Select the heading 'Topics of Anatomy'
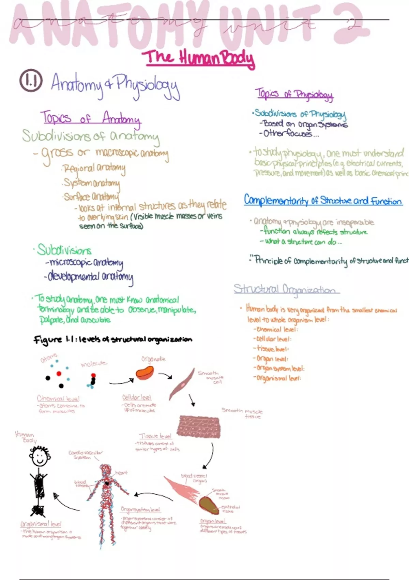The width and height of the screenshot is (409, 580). click(x=90, y=118)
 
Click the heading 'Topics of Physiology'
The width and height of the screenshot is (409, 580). click(x=294, y=94)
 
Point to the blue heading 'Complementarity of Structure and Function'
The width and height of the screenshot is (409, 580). click(x=323, y=201)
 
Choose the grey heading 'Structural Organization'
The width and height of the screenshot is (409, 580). click(x=286, y=289)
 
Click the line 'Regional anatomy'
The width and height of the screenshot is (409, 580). click(x=94, y=168)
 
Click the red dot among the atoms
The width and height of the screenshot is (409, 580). click(x=59, y=374)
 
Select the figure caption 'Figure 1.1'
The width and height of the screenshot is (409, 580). click(x=112, y=339)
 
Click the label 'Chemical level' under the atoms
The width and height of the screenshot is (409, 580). click(x=58, y=398)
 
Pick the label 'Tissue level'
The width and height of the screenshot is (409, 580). click(x=155, y=436)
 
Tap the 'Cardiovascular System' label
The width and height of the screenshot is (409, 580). click(x=85, y=455)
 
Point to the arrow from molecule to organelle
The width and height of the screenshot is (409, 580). click(x=121, y=381)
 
